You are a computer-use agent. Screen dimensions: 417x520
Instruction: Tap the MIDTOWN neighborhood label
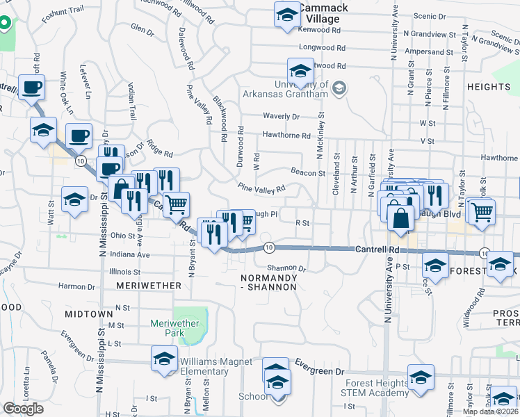(88, 314)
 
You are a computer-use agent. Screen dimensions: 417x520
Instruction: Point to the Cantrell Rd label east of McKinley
(377, 249)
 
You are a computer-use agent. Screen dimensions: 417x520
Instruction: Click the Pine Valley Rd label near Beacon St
(261, 188)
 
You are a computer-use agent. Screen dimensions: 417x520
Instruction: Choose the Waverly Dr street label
(281, 116)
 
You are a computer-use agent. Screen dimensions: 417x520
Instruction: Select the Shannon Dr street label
(286, 268)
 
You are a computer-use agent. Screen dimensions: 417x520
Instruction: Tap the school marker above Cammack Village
(286, 14)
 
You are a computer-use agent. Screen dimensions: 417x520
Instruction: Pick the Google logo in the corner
(23, 409)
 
